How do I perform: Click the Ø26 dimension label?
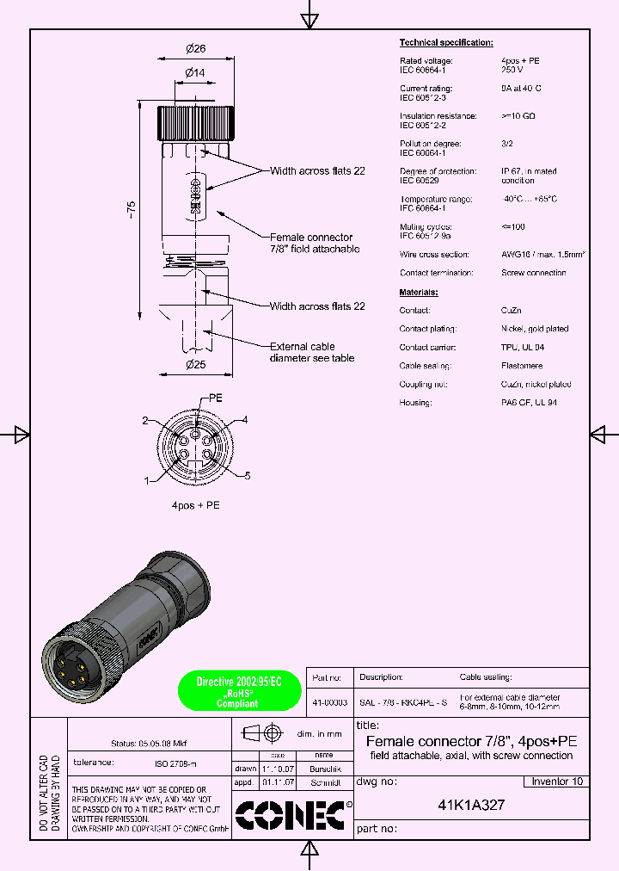coord(194,49)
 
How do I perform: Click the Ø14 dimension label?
coord(194,73)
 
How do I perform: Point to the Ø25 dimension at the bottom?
coord(194,364)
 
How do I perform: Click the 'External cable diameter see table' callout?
coord(311,352)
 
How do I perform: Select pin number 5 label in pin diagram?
coord(247,475)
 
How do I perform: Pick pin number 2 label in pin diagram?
coord(145,420)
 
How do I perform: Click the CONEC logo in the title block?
coord(292,815)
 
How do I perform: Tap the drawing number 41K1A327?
coord(471,806)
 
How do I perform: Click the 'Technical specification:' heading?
coord(446,42)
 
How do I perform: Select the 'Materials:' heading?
coord(419,292)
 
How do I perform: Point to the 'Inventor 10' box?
coord(556,781)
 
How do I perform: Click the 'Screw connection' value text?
coord(534,273)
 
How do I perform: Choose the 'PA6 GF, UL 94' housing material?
coord(529,403)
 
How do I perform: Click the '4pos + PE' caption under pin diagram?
coord(195,505)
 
